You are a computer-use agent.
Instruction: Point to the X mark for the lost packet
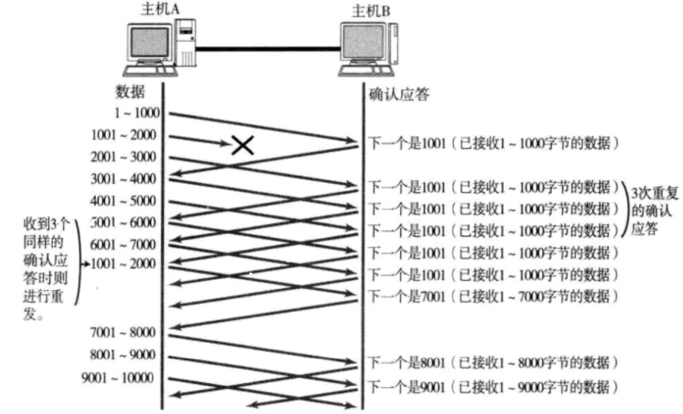(242, 145)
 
